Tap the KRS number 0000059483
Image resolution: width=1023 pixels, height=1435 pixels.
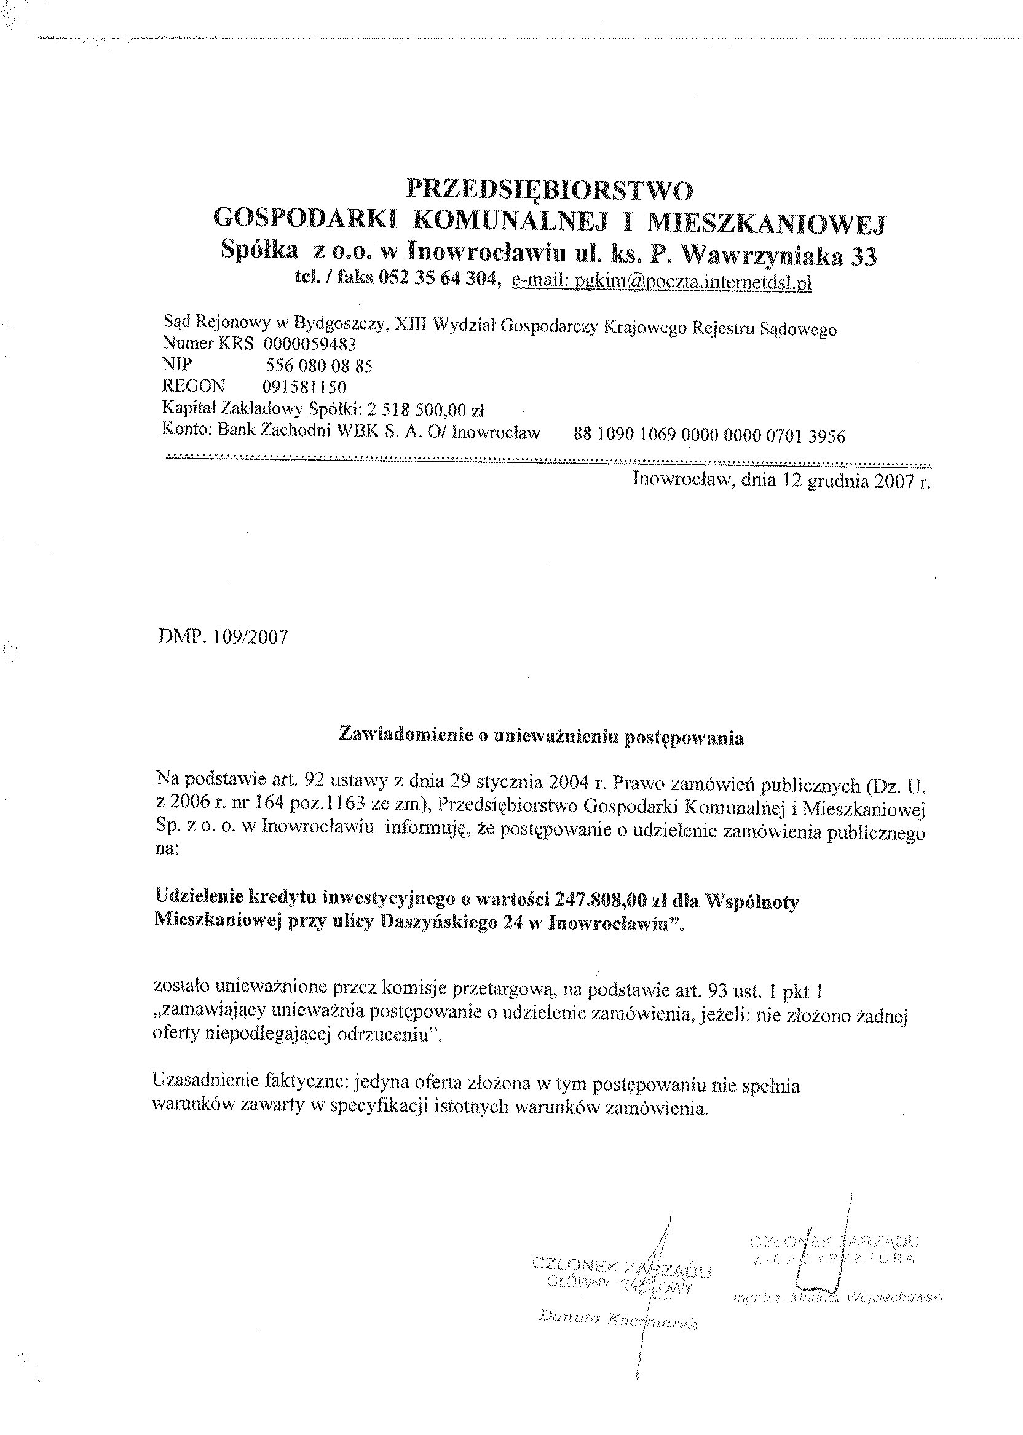[310, 344]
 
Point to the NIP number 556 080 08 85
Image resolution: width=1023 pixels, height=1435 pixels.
[318, 366]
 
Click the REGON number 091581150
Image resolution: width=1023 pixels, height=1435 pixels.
[304, 387]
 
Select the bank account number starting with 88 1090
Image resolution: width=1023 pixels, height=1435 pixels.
[709, 435]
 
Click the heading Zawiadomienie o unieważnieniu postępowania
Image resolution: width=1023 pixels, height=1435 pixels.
[541, 737]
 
